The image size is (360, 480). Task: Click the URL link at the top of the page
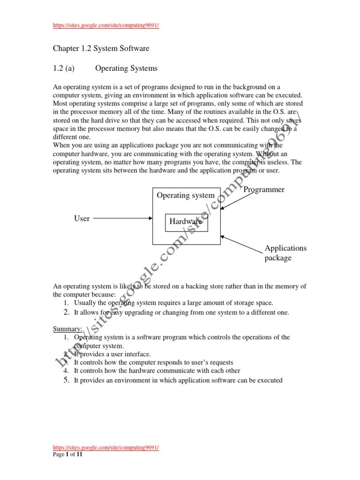(105, 25)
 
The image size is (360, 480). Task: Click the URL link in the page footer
(105, 448)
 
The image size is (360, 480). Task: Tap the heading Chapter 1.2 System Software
(101, 48)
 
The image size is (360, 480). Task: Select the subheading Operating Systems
(126, 68)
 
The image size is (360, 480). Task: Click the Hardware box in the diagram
(186, 222)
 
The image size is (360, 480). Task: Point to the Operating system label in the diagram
(185, 195)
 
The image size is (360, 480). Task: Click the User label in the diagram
(82, 218)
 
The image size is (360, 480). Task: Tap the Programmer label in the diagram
(264, 190)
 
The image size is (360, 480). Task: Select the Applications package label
(285, 253)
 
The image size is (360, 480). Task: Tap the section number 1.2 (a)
(64, 68)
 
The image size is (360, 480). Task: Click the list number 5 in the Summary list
(67, 380)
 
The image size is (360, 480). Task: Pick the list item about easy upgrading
(181, 312)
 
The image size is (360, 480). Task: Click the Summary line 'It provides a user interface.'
(112, 354)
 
